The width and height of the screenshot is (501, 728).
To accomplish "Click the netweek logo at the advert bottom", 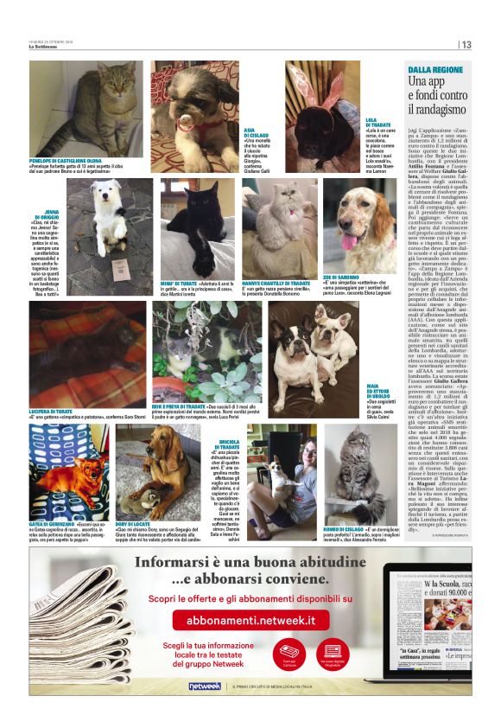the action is pyautogui.click(x=204, y=685).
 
